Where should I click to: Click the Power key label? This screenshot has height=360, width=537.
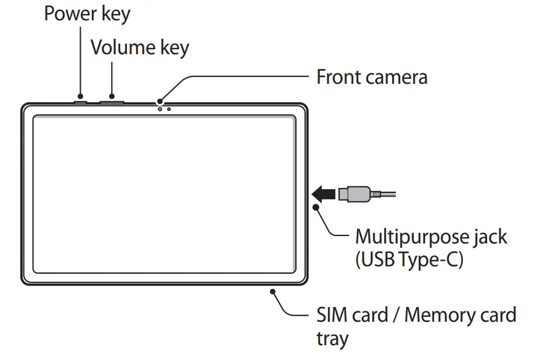(x=87, y=14)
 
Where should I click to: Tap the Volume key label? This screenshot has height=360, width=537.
(x=139, y=47)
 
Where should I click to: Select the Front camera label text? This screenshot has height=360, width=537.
(x=371, y=77)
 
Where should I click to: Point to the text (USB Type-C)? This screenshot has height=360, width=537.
(x=408, y=260)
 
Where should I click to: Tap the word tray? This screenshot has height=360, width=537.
(x=332, y=338)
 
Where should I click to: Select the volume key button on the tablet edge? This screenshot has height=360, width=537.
(x=112, y=99)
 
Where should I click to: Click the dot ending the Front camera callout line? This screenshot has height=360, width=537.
(x=160, y=102)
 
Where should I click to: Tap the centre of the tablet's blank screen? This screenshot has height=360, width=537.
(x=163, y=194)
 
